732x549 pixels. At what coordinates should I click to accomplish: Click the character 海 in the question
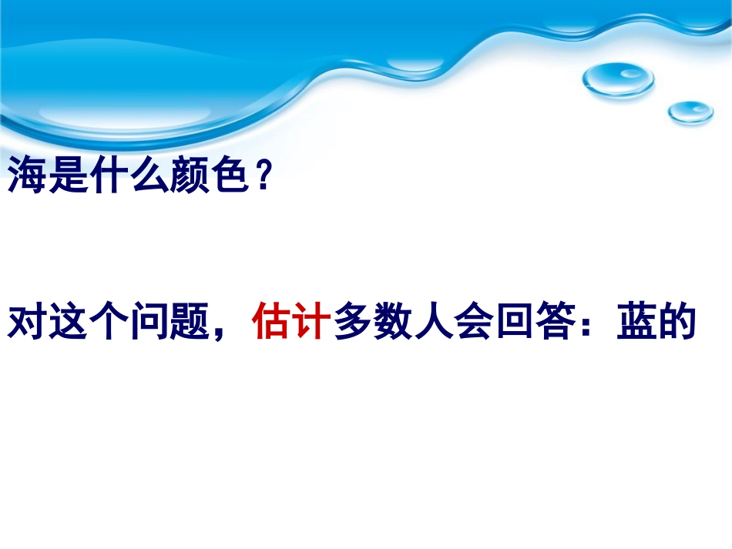(x=26, y=177)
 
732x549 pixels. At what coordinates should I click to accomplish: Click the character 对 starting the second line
(x=26, y=323)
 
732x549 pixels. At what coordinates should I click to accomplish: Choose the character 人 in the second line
(x=433, y=323)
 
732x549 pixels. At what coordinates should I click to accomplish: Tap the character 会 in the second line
(x=473, y=323)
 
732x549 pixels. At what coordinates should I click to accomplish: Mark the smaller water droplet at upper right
(x=690, y=112)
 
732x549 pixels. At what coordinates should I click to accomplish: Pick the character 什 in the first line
(x=106, y=177)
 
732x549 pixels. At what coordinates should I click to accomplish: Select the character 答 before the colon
(x=554, y=323)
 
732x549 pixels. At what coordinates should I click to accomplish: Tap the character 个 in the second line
(x=106, y=323)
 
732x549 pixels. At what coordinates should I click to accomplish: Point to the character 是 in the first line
(x=66, y=177)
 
